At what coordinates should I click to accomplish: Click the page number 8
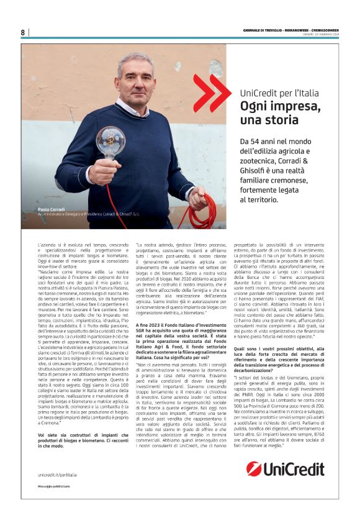click(22, 32)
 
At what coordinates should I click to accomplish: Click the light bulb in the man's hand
click(110, 143)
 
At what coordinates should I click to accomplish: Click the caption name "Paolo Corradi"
click(51, 211)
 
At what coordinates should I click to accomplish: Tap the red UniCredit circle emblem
click(254, 468)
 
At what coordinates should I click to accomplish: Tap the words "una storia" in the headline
click(263, 119)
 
